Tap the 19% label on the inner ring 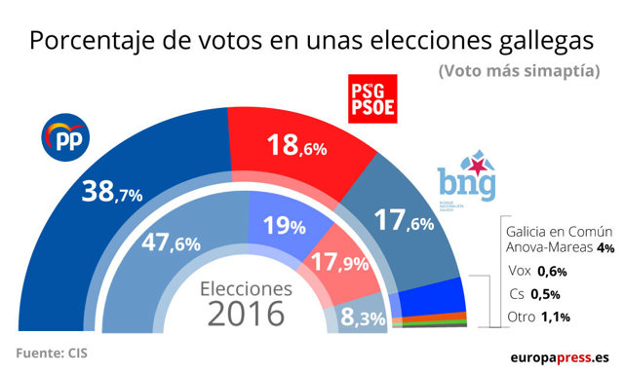coord(286,226)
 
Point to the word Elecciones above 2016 coord(246,289)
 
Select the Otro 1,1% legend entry coord(538,317)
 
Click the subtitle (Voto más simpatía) coord(518,72)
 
